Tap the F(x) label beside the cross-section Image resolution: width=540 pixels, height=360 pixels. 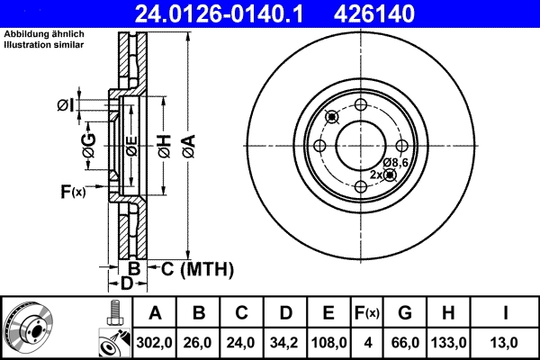[72, 192]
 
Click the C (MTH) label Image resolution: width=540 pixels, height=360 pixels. [197, 268]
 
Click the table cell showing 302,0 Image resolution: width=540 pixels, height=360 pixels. [155, 342]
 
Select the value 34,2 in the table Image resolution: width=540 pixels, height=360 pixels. [284, 342]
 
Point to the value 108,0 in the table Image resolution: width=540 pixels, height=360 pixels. [328, 342]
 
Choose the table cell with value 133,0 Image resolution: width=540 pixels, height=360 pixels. [451, 342]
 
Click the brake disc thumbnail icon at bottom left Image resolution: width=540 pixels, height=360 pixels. [28, 327]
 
